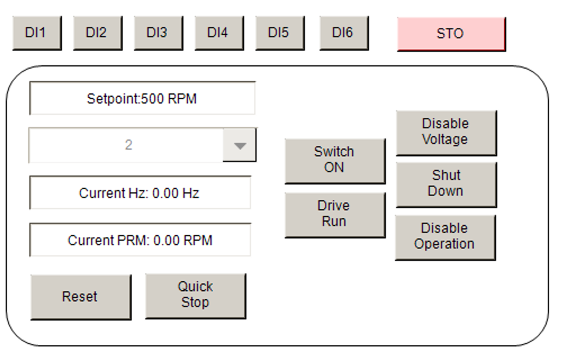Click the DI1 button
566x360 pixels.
[37, 33]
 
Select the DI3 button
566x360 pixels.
[159, 33]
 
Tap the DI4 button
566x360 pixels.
[219, 33]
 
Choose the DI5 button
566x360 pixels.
[280, 33]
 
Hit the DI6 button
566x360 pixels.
[344, 33]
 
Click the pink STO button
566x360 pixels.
[451, 34]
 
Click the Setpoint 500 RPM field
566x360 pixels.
[142, 98]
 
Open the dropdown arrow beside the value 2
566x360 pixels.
[240, 145]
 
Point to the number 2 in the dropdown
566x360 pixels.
[128, 145]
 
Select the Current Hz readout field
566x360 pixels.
[140, 192]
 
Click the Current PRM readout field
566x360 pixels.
[140, 240]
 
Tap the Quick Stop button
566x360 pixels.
[196, 296]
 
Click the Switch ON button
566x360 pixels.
[335, 161]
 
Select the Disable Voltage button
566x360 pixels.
[447, 133]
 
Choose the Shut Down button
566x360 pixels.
[447, 184]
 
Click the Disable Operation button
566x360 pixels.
[446, 237]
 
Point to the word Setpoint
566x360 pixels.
[113, 99]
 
